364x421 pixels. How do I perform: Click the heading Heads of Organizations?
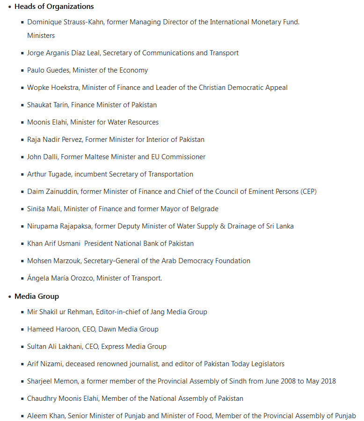(x=54, y=7)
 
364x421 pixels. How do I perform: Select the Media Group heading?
(x=36, y=296)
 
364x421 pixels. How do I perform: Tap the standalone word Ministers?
(x=41, y=36)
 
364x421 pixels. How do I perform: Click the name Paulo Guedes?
(x=48, y=70)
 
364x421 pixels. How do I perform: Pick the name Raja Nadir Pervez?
(x=55, y=140)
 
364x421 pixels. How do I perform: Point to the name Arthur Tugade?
(x=49, y=174)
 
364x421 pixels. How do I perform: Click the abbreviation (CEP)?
(x=309, y=192)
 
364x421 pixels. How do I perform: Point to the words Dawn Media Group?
(x=128, y=329)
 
